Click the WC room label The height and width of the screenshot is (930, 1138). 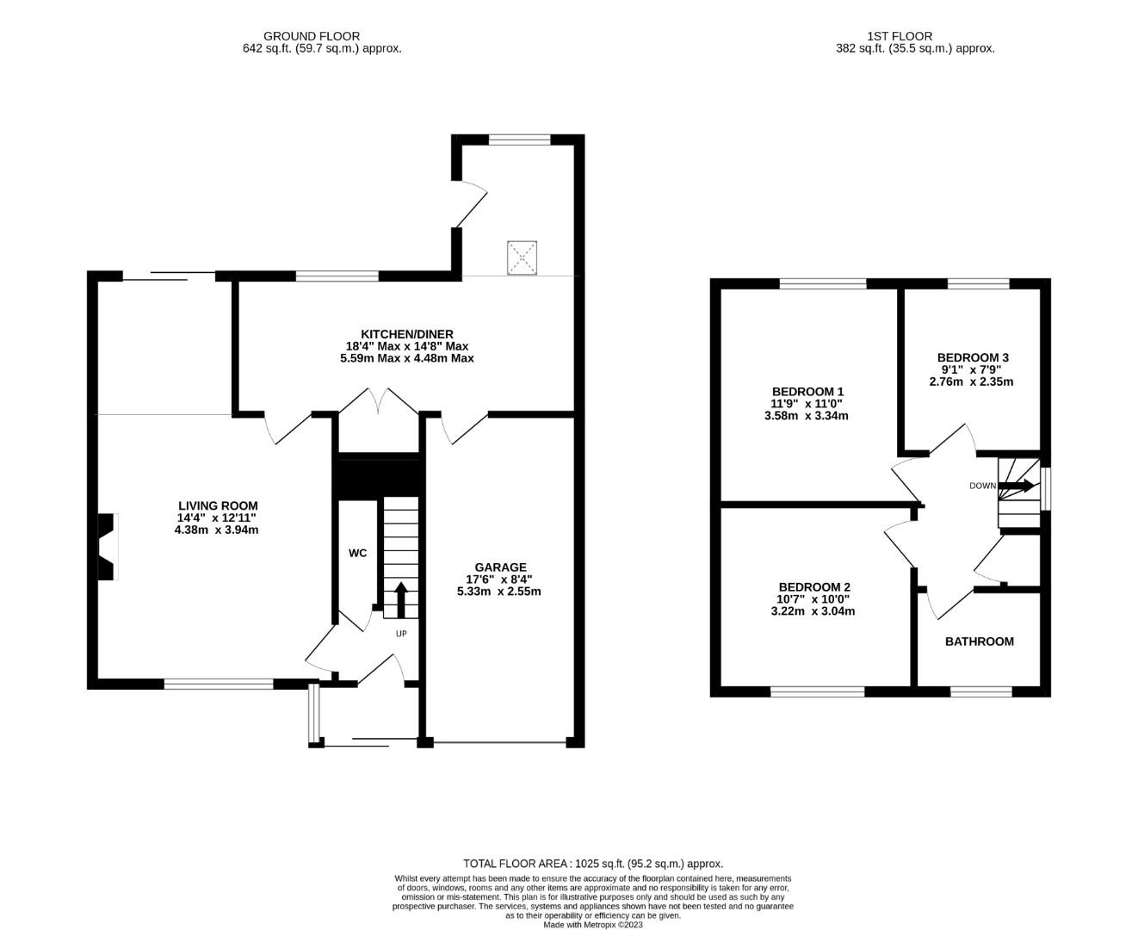(357, 553)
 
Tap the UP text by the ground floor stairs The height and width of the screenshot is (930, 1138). (401, 634)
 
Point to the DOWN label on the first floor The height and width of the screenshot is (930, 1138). (982, 486)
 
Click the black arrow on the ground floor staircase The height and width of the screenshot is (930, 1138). (401, 599)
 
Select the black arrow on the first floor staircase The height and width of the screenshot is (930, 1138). (1016, 486)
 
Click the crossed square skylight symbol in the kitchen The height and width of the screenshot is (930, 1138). (522, 258)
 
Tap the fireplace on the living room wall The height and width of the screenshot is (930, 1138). (107, 546)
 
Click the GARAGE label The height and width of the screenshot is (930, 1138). (500, 567)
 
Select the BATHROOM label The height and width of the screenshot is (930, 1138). (980, 642)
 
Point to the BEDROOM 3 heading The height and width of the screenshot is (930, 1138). (973, 357)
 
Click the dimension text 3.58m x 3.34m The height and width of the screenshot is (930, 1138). (806, 416)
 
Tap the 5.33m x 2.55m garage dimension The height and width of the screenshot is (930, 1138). (498, 591)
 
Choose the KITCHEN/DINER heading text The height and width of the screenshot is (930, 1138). (407, 334)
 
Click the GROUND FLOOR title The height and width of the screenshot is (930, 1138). (312, 36)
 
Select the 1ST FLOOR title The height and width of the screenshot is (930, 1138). (900, 36)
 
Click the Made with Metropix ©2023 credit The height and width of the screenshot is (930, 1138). (593, 924)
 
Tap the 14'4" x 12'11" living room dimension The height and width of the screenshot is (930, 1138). (217, 518)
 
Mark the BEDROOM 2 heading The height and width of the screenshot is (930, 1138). (814, 586)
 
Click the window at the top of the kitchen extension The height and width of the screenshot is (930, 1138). (519, 139)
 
